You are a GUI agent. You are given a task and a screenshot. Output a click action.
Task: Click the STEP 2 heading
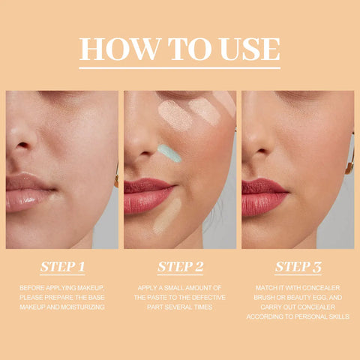[180, 266]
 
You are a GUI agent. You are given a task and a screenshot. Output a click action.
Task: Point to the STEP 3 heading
[298, 266]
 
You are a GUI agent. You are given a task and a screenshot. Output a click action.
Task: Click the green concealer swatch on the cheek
[169, 152]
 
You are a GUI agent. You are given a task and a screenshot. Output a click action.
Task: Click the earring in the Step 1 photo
[116, 180]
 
